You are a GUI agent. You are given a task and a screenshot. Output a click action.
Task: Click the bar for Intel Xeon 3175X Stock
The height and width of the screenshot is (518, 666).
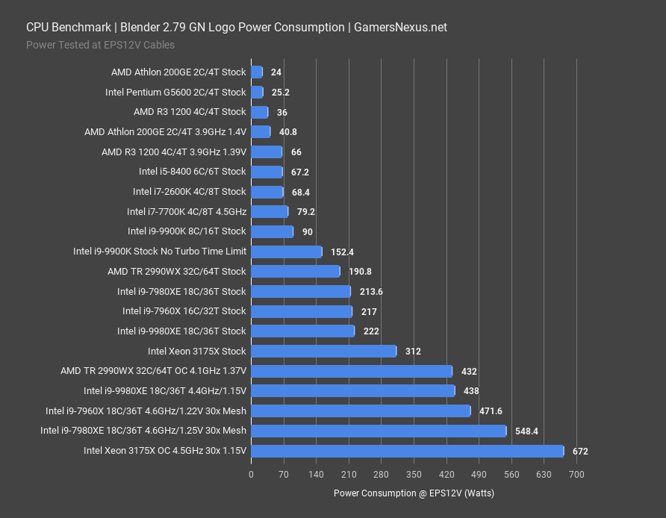[x=323, y=351]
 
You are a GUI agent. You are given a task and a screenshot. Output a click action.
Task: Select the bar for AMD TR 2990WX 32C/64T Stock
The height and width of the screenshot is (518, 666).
[x=295, y=272]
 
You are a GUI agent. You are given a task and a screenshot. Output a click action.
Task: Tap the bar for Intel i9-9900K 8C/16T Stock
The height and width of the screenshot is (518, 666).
[x=272, y=231]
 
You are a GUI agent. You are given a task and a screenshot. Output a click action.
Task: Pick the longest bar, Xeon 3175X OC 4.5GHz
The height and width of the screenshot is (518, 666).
[x=407, y=451]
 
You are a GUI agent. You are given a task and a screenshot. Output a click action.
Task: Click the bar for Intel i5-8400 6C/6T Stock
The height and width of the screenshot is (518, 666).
[x=267, y=172]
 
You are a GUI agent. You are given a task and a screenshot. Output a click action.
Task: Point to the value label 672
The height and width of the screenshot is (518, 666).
[x=580, y=451]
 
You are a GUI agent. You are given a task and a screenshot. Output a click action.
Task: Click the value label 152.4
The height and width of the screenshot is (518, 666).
[x=343, y=252]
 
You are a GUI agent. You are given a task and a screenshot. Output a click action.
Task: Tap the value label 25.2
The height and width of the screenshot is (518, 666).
[x=281, y=93]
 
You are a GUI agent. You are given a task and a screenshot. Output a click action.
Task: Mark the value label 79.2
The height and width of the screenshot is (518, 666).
[x=306, y=212]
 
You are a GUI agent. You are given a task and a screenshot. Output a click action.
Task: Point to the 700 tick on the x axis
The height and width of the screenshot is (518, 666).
[x=576, y=474]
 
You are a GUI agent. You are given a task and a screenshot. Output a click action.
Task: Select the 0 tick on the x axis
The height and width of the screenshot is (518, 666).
[x=251, y=474]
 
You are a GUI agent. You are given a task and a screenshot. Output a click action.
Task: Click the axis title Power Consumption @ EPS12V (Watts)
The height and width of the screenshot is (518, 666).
[x=414, y=493]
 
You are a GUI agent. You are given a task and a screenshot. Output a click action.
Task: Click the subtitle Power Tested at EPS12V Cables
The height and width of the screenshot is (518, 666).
[x=100, y=45]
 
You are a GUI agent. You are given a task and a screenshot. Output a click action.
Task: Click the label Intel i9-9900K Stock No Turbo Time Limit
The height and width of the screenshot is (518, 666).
[x=160, y=252]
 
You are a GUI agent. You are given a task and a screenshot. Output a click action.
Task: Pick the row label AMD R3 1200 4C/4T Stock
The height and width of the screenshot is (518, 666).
[x=190, y=112]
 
